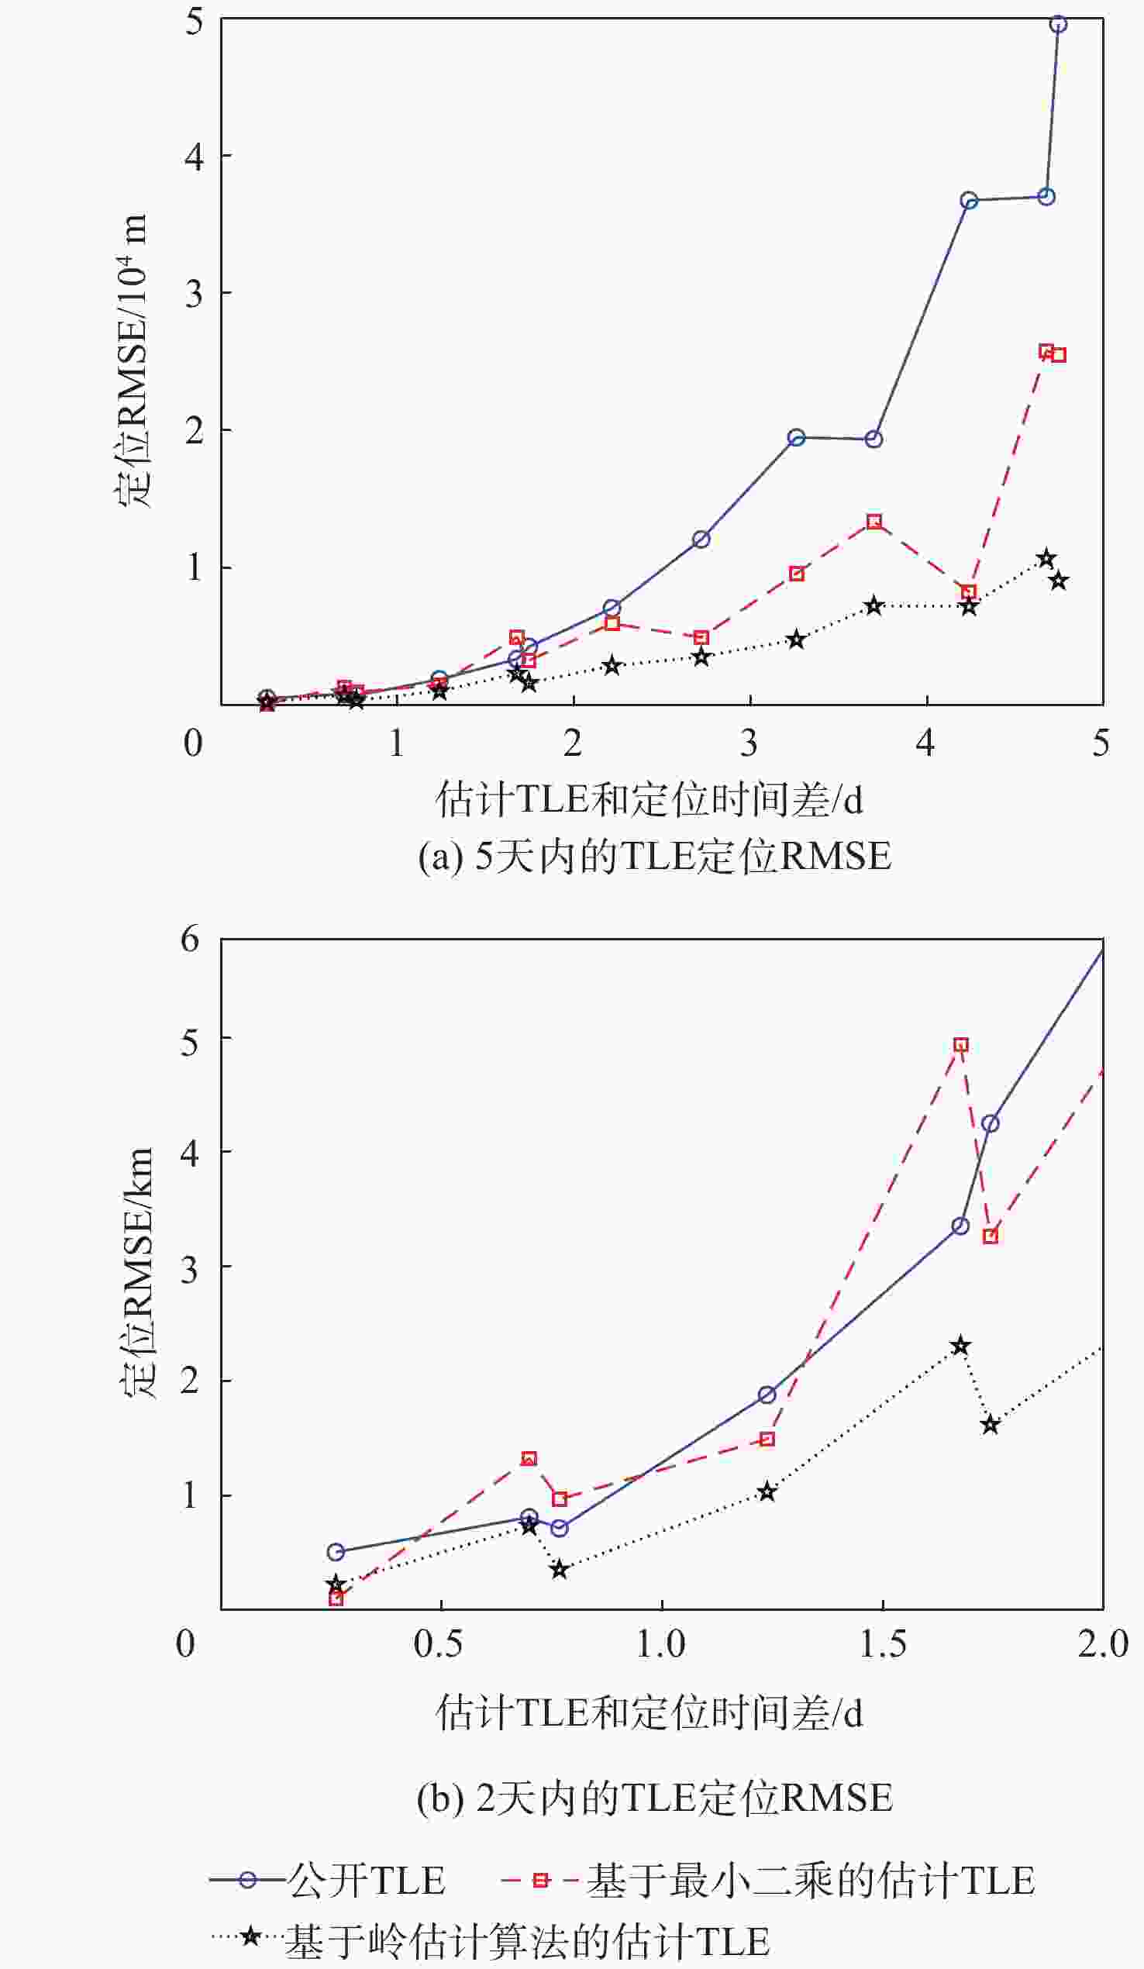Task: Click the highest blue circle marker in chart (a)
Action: coord(1058,24)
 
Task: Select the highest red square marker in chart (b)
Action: coord(961,1046)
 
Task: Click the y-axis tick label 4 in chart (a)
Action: coord(194,157)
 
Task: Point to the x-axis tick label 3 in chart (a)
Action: coord(749,743)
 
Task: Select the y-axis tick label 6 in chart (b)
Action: coord(190,940)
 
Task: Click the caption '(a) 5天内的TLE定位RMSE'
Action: coord(654,857)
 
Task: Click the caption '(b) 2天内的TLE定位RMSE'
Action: coord(654,1798)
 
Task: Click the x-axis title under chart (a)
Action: coord(650,801)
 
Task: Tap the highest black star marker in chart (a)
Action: coord(1046,559)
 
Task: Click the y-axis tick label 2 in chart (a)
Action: coord(194,430)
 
